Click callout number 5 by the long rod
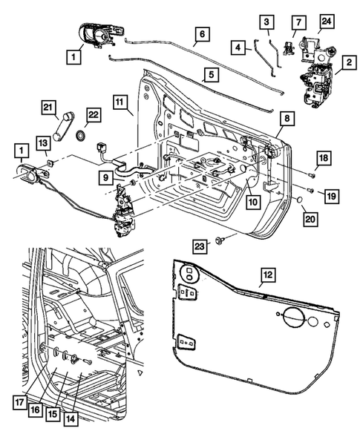click(x=211, y=75)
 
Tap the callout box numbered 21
click(x=49, y=110)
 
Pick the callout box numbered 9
click(x=108, y=178)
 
